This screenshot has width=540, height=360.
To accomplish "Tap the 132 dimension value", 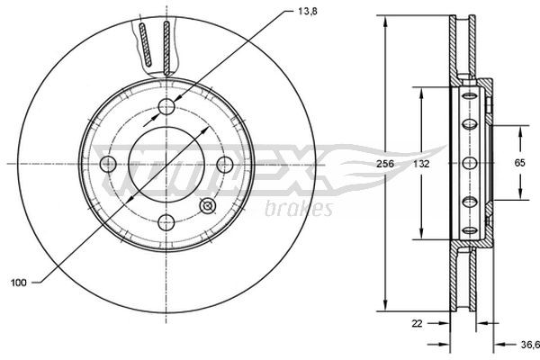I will pyautogui.click(x=420, y=165).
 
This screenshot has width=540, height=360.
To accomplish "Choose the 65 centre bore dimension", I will pyautogui.click(x=519, y=164).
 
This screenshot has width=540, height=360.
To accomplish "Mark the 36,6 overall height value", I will pyautogui.click(x=528, y=343).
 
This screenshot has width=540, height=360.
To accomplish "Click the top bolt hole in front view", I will pyautogui.click(x=166, y=107).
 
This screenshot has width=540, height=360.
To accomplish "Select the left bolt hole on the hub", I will pyautogui.click(x=108, y=164).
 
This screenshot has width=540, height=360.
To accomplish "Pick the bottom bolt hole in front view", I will pyautogui.click(x=166, y=221).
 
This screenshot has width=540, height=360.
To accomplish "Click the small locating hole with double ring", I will pyautogui.click(x=207, y=205).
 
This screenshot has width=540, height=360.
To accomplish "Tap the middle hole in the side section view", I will pyautogui.click(x=468, y=163).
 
